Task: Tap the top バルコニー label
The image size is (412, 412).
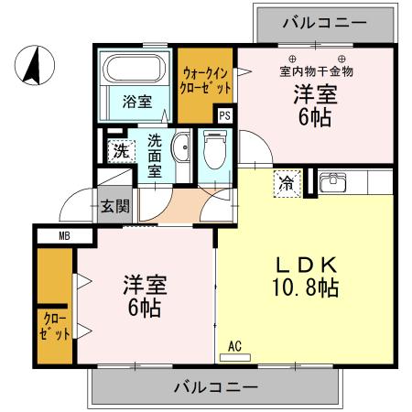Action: [323, 20]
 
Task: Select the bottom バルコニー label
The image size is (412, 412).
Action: [216, 387]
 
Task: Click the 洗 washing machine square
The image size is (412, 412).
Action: [119, 152]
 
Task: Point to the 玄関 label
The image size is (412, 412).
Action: [114, 203]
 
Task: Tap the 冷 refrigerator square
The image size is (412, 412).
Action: [287, 181]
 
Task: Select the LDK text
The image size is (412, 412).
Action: [307, 265]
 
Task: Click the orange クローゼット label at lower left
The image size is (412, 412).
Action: [55, 326]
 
